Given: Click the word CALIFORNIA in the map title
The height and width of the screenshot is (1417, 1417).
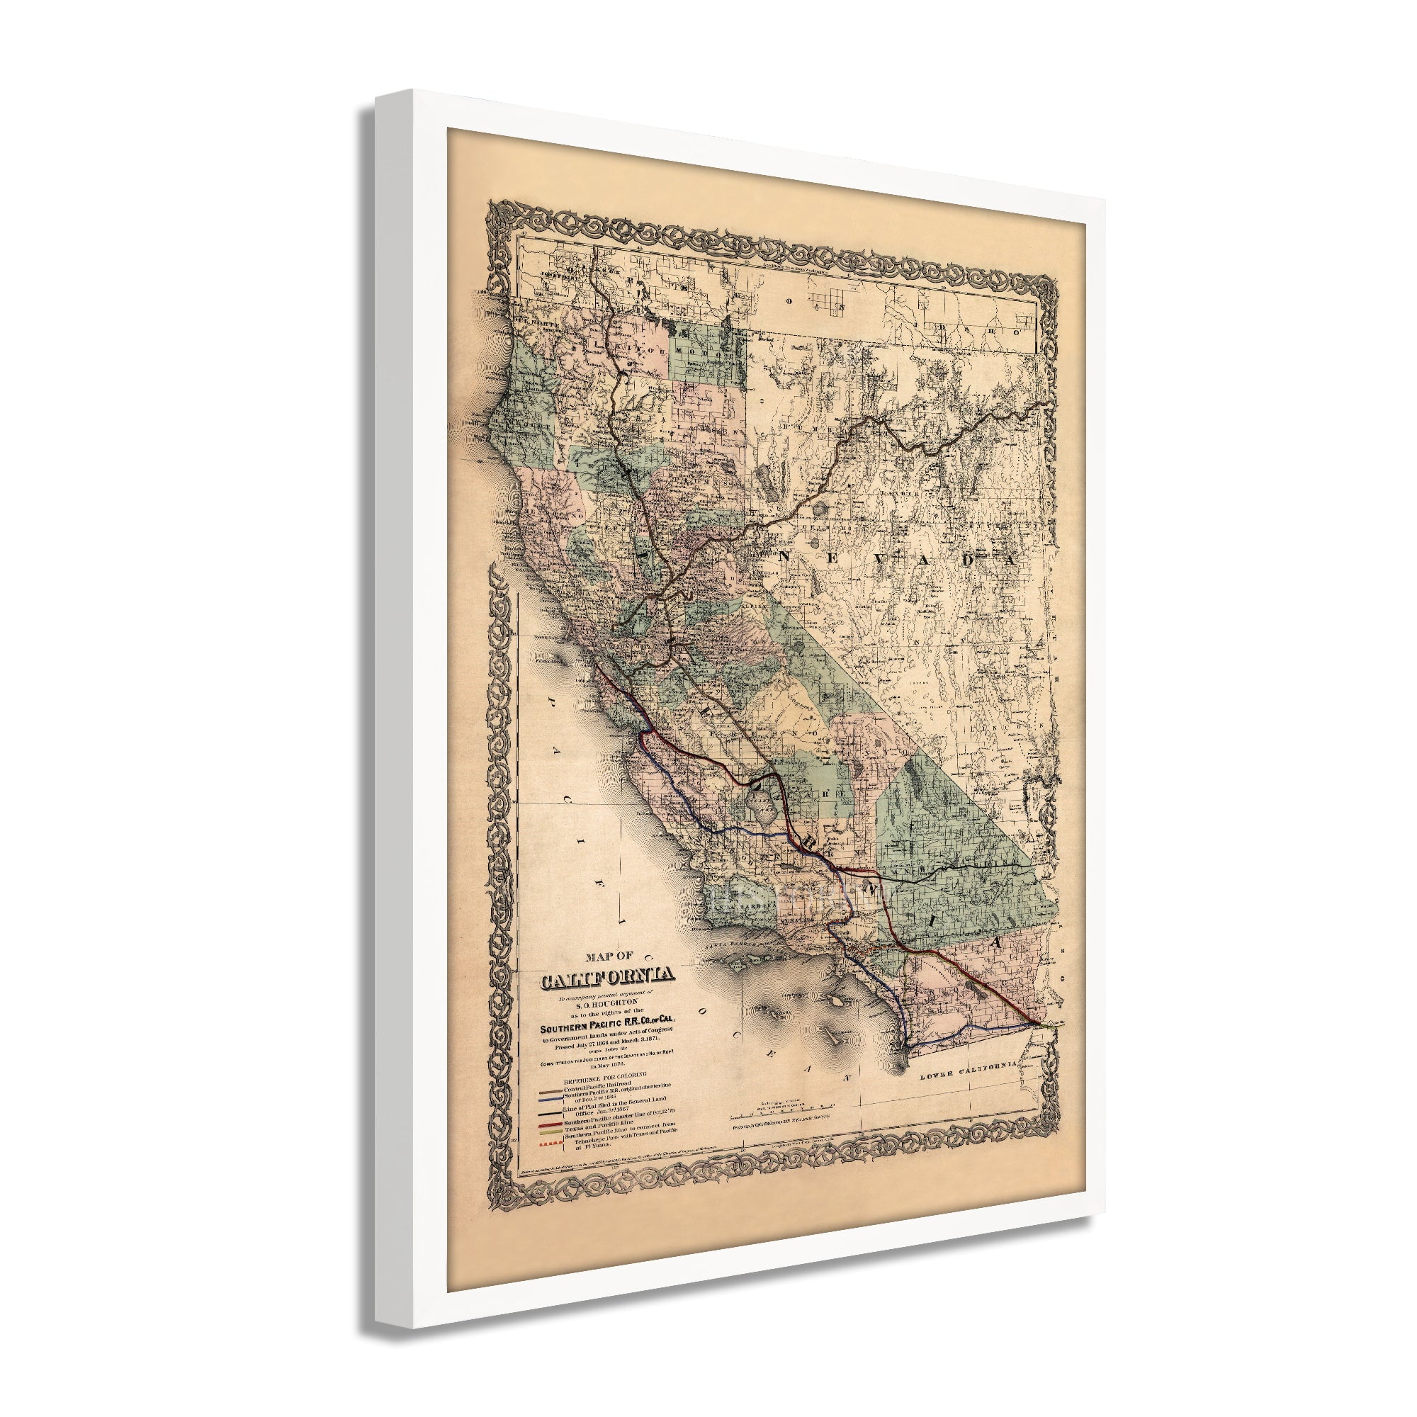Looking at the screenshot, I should pyautogui.click(x=607, y=977).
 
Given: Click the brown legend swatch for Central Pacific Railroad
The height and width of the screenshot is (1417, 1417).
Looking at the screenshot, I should pyautogui.click(x=549, y=1109).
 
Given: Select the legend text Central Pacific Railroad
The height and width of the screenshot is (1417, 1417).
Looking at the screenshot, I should pyautogui.click(x=610, y=1109).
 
